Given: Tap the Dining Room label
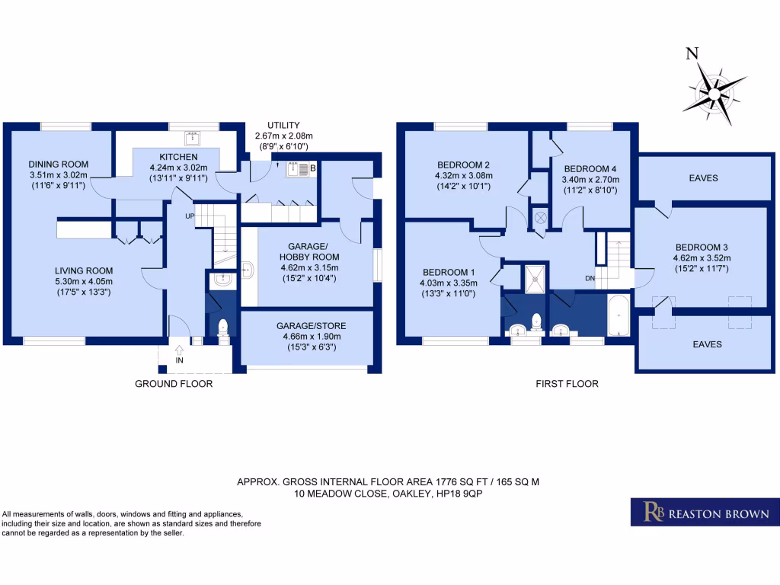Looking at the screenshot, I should [59, 164].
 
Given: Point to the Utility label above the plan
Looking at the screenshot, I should [283, 125].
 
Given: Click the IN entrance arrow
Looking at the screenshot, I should [179, 351].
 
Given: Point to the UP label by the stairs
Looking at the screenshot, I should [190, 216].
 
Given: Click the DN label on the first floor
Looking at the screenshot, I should [590, 279].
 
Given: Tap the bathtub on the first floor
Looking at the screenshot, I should [619, 316].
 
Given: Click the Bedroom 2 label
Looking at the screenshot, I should [463, 165].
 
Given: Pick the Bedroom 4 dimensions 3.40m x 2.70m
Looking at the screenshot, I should [590, 180].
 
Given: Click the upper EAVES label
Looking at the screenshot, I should [704, 178].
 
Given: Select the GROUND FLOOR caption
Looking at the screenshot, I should [174, 384].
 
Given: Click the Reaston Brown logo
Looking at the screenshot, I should [705, 512].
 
